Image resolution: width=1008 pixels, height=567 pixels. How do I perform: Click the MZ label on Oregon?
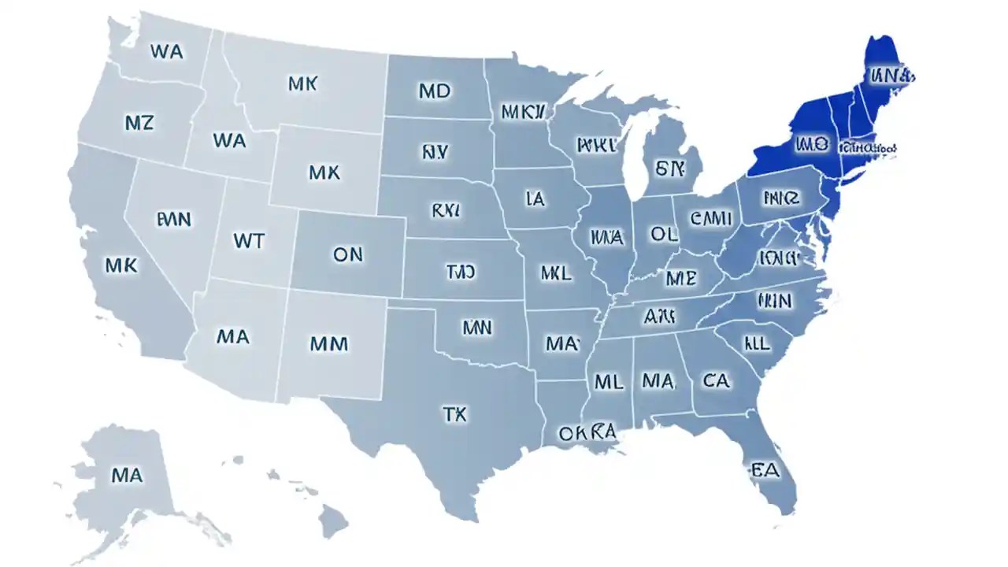point(139,123)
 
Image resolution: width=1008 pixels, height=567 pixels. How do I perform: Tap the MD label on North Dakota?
point(434,91)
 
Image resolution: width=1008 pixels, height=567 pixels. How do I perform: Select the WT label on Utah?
point(249,240)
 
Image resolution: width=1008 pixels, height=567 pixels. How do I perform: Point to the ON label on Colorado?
point(347,254)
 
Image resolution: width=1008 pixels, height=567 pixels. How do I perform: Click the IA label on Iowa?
point(535,199)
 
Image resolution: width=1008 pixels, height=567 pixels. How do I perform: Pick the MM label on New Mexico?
point(329,343)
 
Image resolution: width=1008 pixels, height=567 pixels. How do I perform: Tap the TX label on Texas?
point(454,414)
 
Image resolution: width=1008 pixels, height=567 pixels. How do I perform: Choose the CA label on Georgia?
point(715,381)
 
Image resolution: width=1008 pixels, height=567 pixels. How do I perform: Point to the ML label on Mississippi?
point(608,383)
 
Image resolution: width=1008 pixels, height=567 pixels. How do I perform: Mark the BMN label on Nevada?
point(173,219)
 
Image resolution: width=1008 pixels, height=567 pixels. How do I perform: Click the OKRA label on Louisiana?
point(586,432)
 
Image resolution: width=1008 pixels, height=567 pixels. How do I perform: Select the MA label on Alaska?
point(127,475)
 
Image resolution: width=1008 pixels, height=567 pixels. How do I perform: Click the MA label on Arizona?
point(232,337)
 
